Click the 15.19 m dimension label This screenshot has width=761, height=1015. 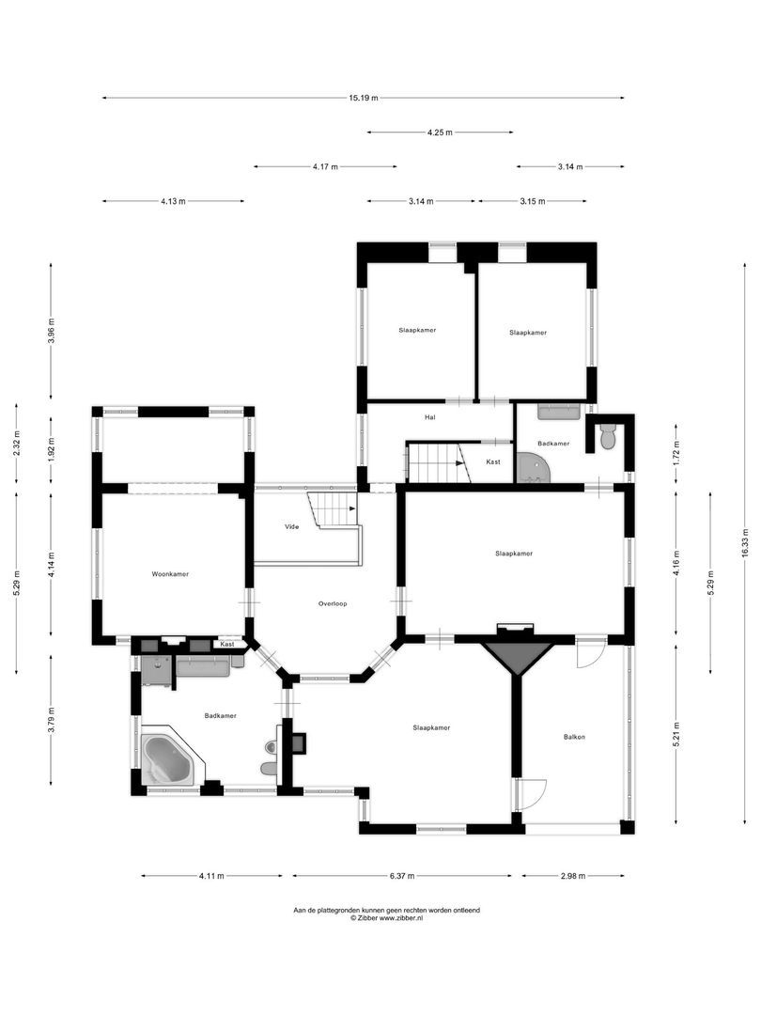364,98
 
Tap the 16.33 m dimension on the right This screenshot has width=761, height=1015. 745,541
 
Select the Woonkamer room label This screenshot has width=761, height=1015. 170,573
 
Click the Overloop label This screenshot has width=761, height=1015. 333,603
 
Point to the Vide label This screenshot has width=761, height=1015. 291,527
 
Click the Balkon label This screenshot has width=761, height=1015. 574,737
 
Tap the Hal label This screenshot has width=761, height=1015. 430,417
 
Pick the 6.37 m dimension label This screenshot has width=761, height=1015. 401,876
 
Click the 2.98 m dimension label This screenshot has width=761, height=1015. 572,876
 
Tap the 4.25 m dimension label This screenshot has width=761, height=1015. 440,133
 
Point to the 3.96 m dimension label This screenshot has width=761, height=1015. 53,333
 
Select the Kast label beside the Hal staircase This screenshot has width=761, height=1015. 493,462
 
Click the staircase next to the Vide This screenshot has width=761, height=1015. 333,510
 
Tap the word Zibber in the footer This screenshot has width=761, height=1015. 370,918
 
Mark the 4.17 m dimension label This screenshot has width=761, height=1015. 325,166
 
